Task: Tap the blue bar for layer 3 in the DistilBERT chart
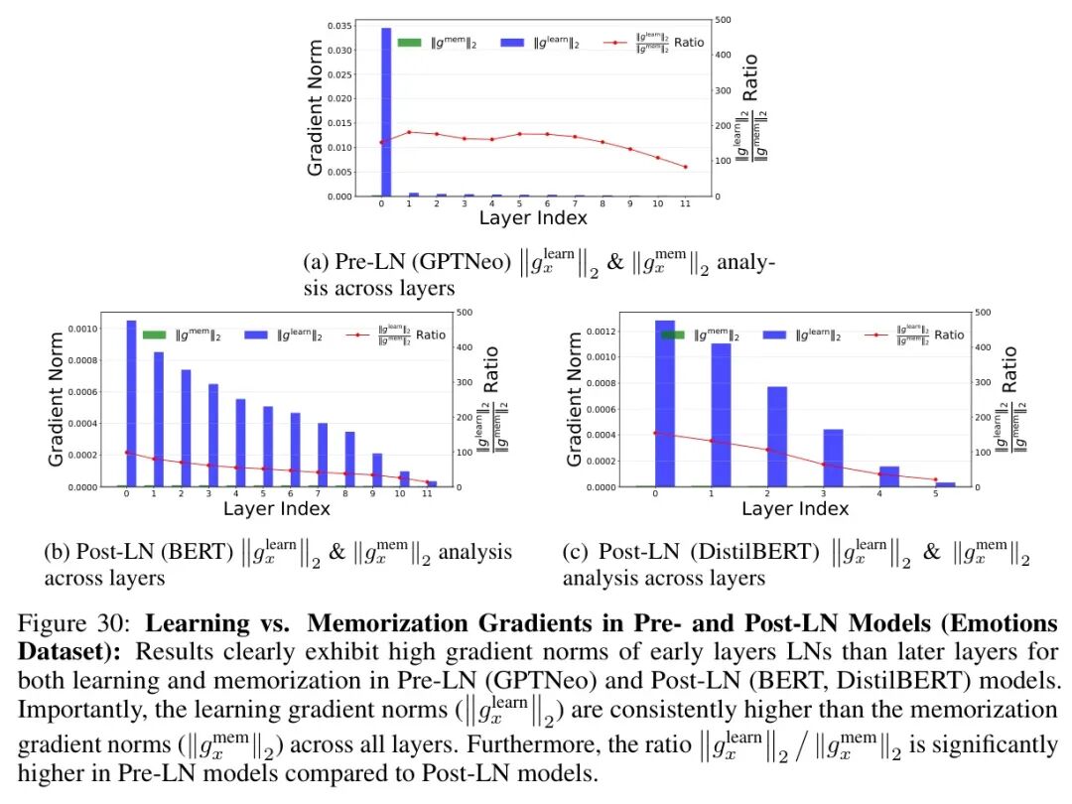coord(833,458)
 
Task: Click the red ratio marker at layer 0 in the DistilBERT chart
coord(655,433)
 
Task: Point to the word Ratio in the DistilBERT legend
coord(948,335)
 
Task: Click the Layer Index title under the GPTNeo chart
coord(533,217)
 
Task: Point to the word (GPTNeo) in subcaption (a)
coord(461,263)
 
